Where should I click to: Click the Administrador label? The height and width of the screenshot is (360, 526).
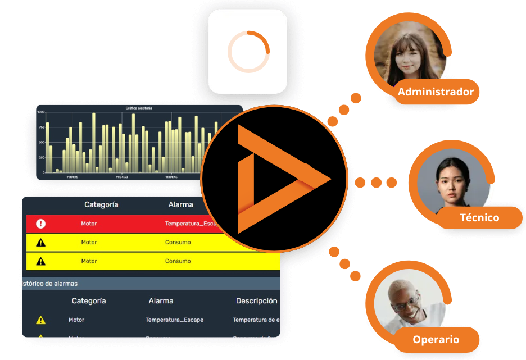pyautogui.click(x=436, y=92)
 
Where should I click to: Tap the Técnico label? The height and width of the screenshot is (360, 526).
pyautogui.click(x=479, y=217)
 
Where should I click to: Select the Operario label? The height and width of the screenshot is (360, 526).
pyautogui.click(x=436, y=339)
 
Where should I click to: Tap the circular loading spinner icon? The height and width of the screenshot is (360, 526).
pyautogui.click(x=248, y=52)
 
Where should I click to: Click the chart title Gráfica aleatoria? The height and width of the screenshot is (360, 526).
pyautogui.click(x=139, y=108)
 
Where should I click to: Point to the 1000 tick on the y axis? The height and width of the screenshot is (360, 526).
pyautogui.click(x=40, y=112)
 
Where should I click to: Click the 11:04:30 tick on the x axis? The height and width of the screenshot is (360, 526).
pyautogui.click(x=122, y=177)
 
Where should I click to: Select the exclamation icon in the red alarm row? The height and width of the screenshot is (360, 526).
pyautogui.click(x=40, y=224)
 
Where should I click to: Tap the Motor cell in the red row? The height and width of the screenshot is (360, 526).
pyautogui.click(x=89, y=224)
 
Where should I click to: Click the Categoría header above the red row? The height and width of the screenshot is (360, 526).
pyautogui.click(x=101, y=204)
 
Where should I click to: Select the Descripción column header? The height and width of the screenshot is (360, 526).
pyautogui.click(x=256, y=300)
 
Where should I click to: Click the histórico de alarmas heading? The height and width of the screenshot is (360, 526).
pyautogui.click(x=49, y=284)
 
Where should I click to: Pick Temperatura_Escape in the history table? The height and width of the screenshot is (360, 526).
pyautogui.click(x=174, y=320)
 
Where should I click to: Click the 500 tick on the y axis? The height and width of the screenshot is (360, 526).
pyautogui.click(x=40, y=142)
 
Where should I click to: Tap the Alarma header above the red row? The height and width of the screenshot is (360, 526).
pyautogui.click(x=180, y=204)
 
